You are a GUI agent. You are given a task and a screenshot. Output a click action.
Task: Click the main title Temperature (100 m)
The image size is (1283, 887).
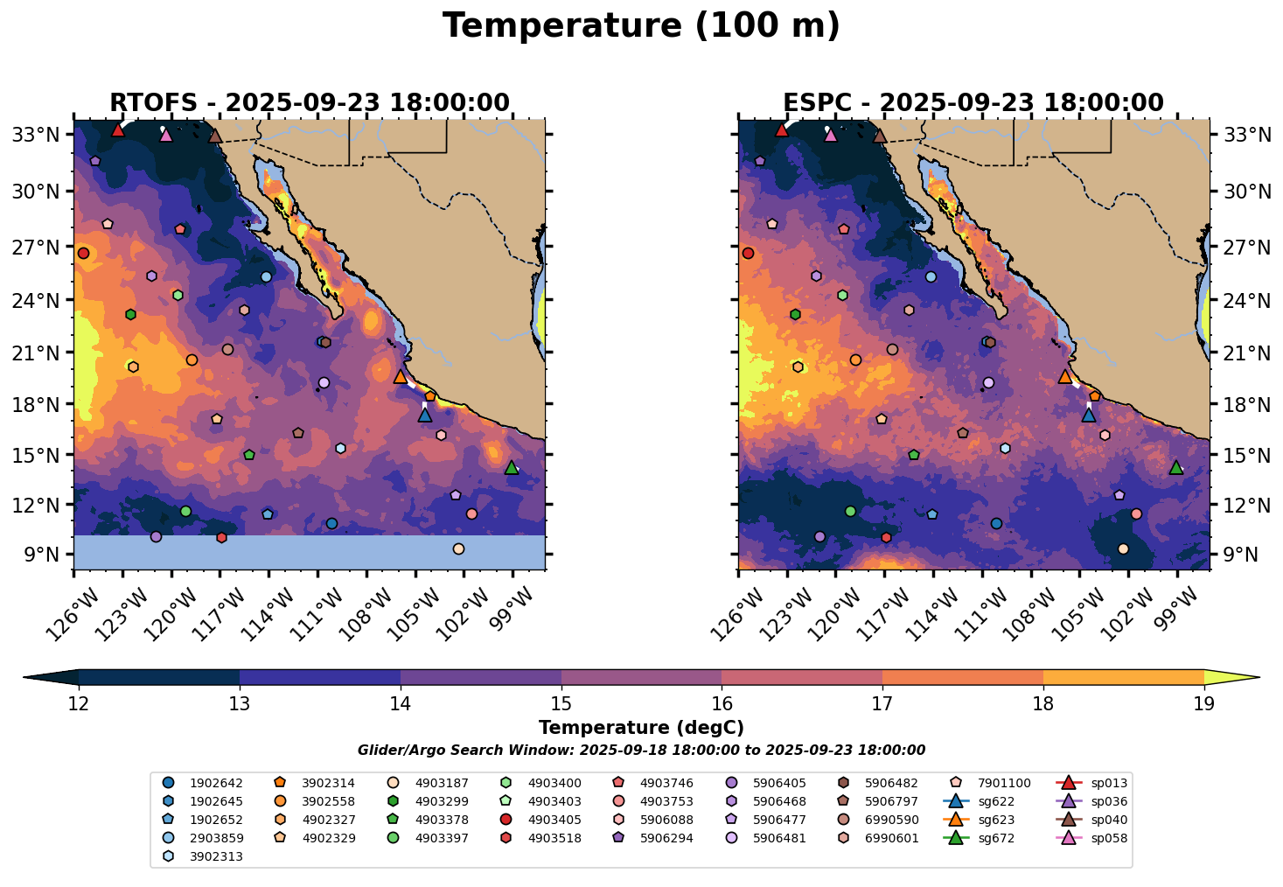[641, 26]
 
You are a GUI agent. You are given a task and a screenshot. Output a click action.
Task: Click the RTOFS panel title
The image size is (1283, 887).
[309, 103]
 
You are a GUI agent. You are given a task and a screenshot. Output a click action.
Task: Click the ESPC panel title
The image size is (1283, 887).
[973, 103]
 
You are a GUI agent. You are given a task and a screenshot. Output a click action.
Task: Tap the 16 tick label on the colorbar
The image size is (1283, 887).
[722, 704]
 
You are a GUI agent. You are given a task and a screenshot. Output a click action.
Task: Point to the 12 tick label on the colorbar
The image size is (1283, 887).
[79, 704]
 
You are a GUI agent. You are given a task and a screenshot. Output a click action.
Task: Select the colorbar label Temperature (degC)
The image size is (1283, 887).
[641, 728]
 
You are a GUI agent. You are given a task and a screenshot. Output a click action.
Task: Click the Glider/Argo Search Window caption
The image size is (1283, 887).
[641, 751]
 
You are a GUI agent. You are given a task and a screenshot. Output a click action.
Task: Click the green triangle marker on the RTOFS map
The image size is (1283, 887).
[512, 468]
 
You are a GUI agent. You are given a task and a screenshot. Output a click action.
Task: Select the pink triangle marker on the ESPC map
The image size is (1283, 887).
[831, 135]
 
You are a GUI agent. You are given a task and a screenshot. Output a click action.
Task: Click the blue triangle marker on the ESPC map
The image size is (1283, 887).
[1089, 415]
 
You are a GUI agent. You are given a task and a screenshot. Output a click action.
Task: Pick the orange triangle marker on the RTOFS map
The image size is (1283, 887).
[401, 377]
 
